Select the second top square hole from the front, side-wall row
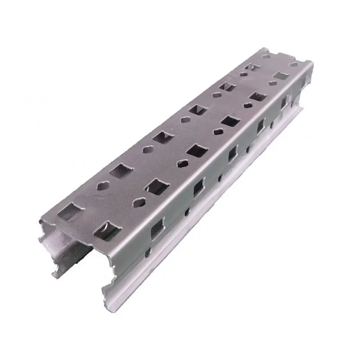click(157, 186)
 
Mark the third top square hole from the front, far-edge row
click(162, 136)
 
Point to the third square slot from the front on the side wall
click(233, 153)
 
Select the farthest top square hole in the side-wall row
click(281, 75)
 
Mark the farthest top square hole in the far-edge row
click(252, 67)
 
